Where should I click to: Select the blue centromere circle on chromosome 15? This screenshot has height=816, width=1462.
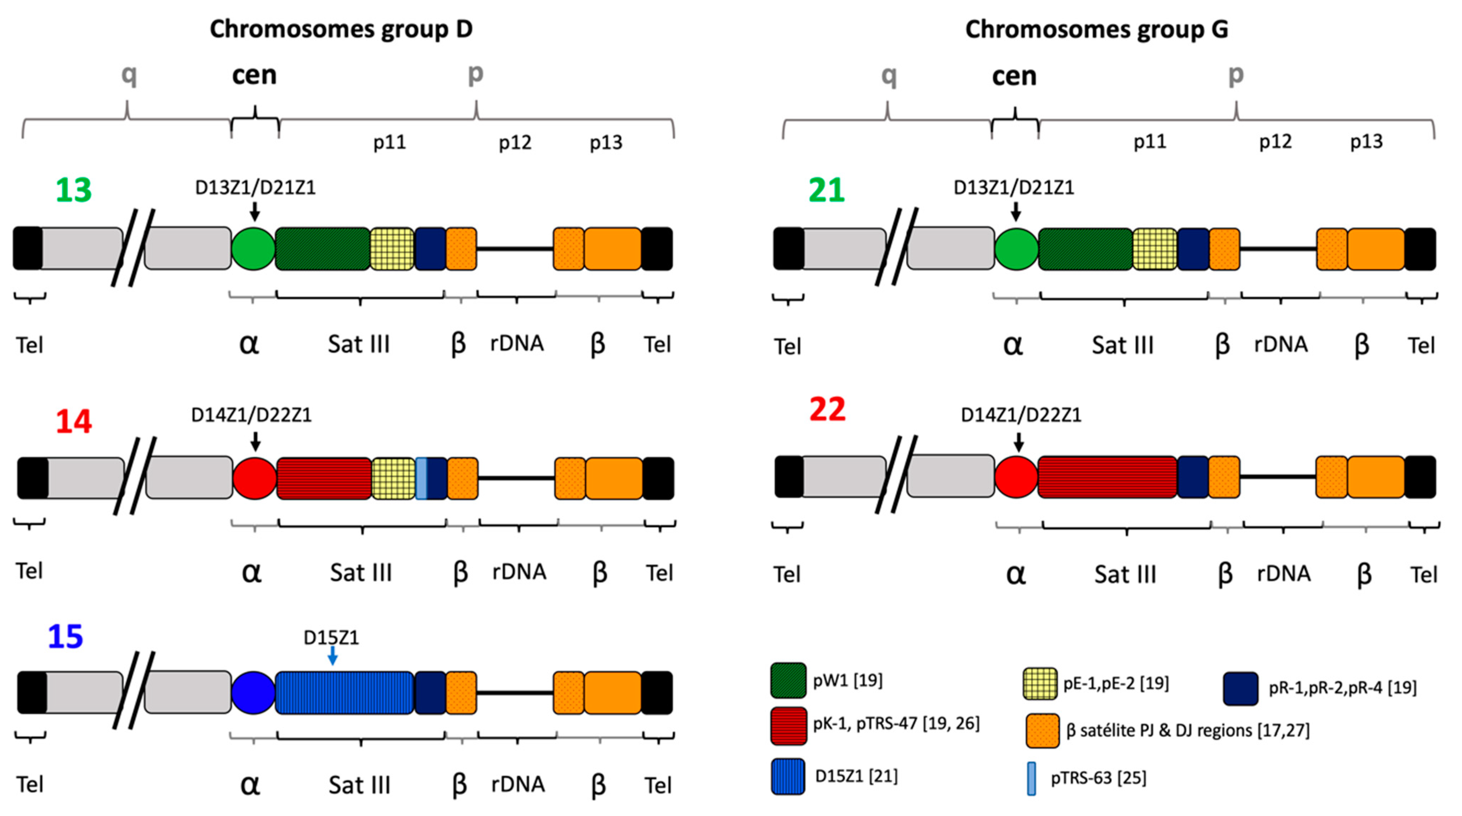(x=253, y=692)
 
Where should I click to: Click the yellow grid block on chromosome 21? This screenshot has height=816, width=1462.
(x=1154, y=249)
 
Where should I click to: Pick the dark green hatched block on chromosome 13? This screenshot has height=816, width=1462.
(x=322, y=249)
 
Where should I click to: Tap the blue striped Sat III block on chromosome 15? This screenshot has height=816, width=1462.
(x=344, y=692)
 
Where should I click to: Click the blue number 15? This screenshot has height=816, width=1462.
(x=65, y=636)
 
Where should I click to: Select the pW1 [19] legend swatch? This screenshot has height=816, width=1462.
(x=788, y=680)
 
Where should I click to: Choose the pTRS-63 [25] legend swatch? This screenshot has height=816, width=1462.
(x=1031, y=778)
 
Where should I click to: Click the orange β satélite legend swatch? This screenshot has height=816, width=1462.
(x=1042, y=730)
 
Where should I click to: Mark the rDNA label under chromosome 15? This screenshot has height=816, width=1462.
(x=518, y=784)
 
